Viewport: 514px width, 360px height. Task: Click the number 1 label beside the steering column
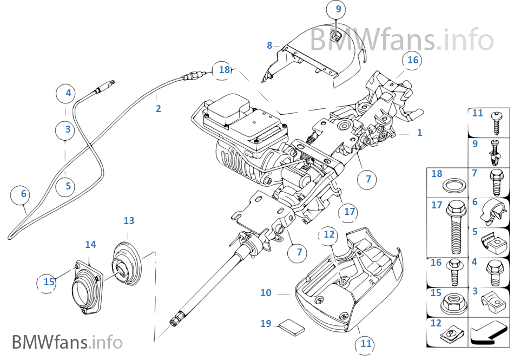(419, 132)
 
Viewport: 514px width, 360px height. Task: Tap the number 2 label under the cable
(158, 109)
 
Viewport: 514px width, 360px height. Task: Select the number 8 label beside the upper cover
(269, 45)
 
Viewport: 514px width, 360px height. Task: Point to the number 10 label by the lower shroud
(266, 293)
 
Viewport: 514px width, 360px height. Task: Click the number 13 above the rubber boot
(129, 221)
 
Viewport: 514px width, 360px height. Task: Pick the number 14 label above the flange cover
(90, 245)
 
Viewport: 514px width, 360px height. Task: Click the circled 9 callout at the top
(338, 10)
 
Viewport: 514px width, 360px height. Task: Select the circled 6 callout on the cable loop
(23, 193)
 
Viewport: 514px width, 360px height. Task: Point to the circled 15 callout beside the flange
(49, 282)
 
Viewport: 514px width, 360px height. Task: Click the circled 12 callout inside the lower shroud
(329, 234)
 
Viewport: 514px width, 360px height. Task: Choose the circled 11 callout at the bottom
(366, 343)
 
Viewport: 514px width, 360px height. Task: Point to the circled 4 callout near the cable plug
(68, 93)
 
